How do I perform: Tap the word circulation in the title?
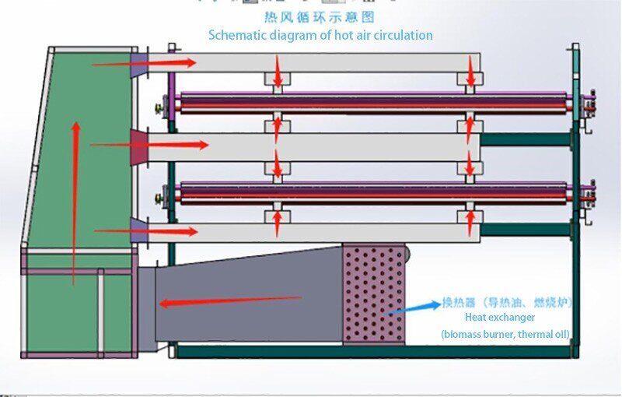click(x=402, y=35)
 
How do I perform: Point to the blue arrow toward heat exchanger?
click(x=413, y=307)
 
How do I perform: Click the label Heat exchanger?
click(x=500, y=318)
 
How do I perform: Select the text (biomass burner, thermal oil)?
click(x=506, y=335)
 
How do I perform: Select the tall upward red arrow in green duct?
click(x=75, y=202)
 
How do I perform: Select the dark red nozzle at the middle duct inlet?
click(x=138, y=146)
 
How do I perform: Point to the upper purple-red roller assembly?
click(x=373, y=104)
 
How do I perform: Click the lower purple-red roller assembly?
click(x=373, y=192)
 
